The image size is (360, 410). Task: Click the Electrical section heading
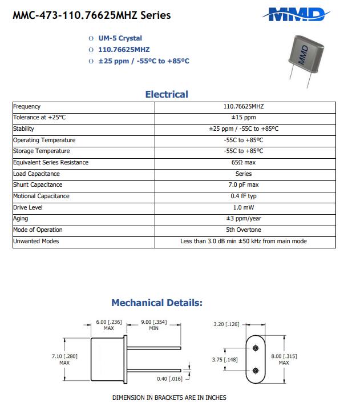pyautogui.click(x=167, y=94)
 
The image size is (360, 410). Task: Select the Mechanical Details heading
pyautogui.click(x=157, y=303)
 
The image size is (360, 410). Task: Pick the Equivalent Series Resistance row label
pyautogui.click(x=51, y=163)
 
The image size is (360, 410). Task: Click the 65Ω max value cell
pyautogui.click(x=244, y=163)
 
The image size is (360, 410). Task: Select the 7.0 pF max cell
pyautogui.click(x=244, y=185)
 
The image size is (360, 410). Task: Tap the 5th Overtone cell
pyautogui.click(x=244, y=230)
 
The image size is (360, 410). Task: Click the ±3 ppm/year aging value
pyautogui.click(x=244, y=219)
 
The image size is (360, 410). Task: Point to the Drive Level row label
pyautogui.click(x=28, y=207)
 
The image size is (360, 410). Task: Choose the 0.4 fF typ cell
pyautogui.click(x=244, y=196)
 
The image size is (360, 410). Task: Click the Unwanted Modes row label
pyautogui.click(x=36, y=241)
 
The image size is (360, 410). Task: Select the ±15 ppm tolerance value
pyautogui.click(x=244, y=118)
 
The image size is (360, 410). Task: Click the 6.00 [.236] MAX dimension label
pyautogui.click(x=109, y=325)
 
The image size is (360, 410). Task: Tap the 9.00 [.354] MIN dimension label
pyautogui.click(x=154, y=325)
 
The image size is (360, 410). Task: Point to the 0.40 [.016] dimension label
pyautogui.click(x=169, y=379)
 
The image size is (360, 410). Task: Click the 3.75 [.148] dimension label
pyautogui.click(x=225, y=359)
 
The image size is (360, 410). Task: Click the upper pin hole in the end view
pyautogui.click(x=255, y=347)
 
